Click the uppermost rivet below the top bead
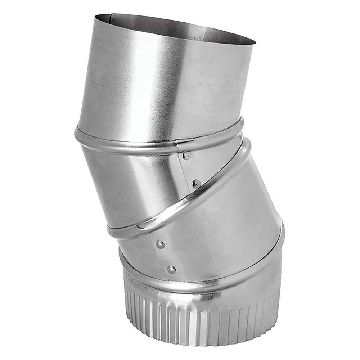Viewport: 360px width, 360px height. point(187,156)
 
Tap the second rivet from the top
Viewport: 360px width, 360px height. point(196,183)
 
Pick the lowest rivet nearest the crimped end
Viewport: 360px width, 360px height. point(172,269)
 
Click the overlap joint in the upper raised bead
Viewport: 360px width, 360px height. point(178,146)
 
